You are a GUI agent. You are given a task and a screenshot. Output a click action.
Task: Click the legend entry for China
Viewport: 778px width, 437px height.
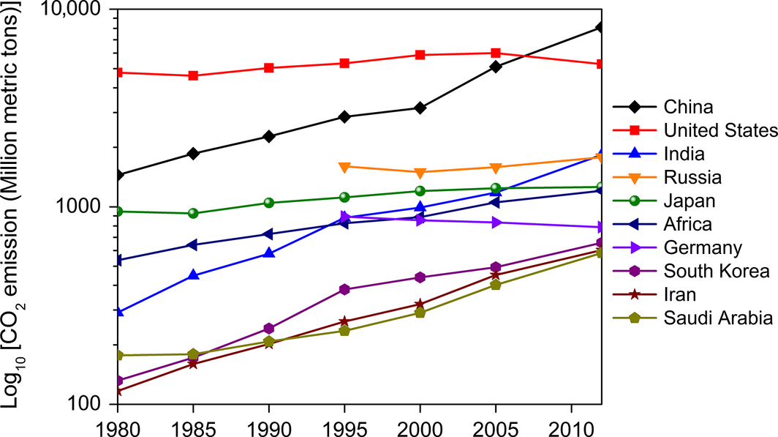687,108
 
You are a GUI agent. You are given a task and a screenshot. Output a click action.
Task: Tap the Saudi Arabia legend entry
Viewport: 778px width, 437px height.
718,318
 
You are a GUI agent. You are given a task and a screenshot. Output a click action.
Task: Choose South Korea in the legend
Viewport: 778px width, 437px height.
717,272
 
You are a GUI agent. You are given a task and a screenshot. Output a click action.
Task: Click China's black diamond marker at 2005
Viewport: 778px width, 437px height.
496,67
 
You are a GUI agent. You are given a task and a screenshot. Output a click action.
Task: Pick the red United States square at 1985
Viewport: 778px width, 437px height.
193,75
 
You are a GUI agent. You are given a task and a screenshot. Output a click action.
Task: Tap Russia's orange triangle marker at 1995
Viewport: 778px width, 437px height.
344,167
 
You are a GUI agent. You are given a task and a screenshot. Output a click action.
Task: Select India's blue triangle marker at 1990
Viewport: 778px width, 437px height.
269,253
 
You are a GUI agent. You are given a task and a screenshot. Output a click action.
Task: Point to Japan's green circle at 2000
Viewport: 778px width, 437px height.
420,191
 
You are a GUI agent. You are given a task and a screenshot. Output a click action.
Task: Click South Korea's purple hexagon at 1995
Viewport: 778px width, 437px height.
344,289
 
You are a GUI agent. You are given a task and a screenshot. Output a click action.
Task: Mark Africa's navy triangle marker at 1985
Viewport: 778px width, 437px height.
193,244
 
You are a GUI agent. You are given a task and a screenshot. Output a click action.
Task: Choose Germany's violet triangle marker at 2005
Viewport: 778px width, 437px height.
496,223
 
